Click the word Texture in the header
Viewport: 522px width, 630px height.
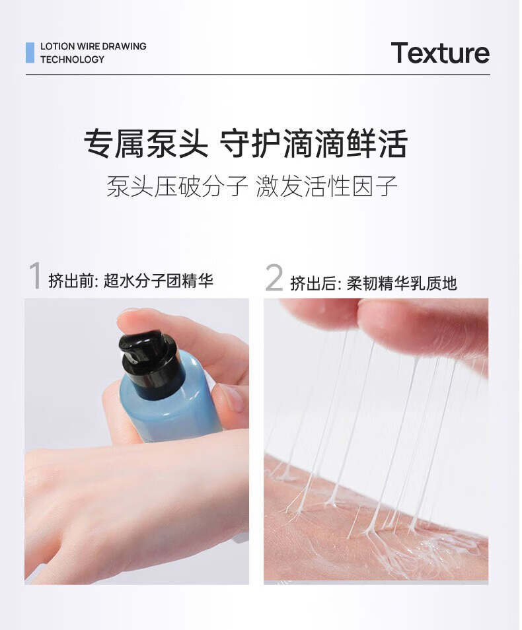click(440, 53)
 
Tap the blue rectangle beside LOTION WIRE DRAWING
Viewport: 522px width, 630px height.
click(30, 53)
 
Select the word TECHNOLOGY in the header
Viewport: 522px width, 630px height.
click(73, 59)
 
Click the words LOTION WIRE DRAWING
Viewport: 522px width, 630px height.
click(93, 46)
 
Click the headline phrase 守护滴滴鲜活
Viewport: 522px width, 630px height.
click(314, 143)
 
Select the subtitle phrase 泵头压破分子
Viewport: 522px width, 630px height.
click(177, 186)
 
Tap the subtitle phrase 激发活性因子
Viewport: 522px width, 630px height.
click(326, 186)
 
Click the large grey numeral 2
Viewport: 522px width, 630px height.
click(274, 277)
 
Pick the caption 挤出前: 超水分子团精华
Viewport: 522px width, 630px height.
click(131, 281)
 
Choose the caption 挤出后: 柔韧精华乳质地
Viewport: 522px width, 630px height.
click(373, 283)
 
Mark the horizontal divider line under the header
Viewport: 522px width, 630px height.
click(258, 75)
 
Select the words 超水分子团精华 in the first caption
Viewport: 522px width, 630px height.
click(159, 281)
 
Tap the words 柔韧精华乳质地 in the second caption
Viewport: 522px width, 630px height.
click(402, 283)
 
